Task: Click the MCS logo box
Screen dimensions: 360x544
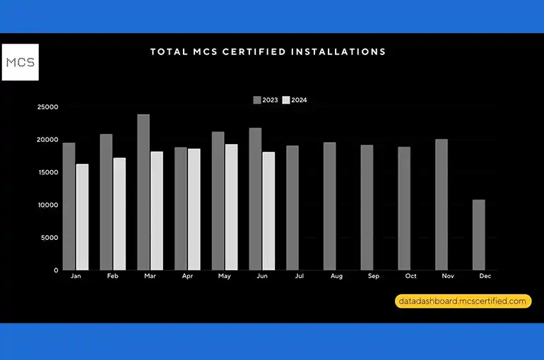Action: (x=20, y=62)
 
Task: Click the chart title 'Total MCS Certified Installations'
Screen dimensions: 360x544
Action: (x=268, y=52)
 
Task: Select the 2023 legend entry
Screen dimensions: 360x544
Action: (x=266, y=100)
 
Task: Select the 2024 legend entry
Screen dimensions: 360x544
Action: (x=295, y=100)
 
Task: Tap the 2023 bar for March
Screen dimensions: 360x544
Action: (x=143, y=192)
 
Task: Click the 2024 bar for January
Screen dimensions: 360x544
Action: (x=82, y=217)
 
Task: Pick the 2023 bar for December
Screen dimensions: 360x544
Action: (x=479, y=234)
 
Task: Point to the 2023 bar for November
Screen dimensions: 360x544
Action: (x=442, y=204)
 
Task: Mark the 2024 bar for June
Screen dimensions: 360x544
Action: (x=268, y=211)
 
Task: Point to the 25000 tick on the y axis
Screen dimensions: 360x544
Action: (x=48, y=107)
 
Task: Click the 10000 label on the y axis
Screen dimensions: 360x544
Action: (x=48, y=205)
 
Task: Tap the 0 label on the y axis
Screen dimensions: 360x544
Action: (x=56, y=270)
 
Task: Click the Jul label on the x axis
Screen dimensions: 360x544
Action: (x=299, y=277)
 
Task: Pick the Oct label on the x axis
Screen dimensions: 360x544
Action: (x=410, y=277)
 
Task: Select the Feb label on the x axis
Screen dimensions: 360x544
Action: (x=112, y=277)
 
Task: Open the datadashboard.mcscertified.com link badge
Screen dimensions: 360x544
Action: (x=462, y=301)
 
